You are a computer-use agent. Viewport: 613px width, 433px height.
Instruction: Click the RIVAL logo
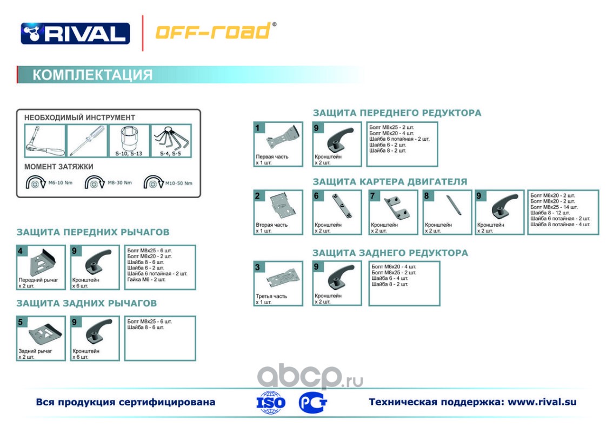[75, 33]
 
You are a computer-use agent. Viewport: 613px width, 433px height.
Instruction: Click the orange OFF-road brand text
[213, 31]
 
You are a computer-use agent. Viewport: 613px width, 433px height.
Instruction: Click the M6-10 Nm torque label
[61, 183]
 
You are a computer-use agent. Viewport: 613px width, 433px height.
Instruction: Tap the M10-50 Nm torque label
[179, 183]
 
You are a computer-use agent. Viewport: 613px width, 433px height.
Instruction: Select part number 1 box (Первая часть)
[278, 144]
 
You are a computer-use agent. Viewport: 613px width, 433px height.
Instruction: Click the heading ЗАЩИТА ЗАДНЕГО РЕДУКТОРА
[390, 253]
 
